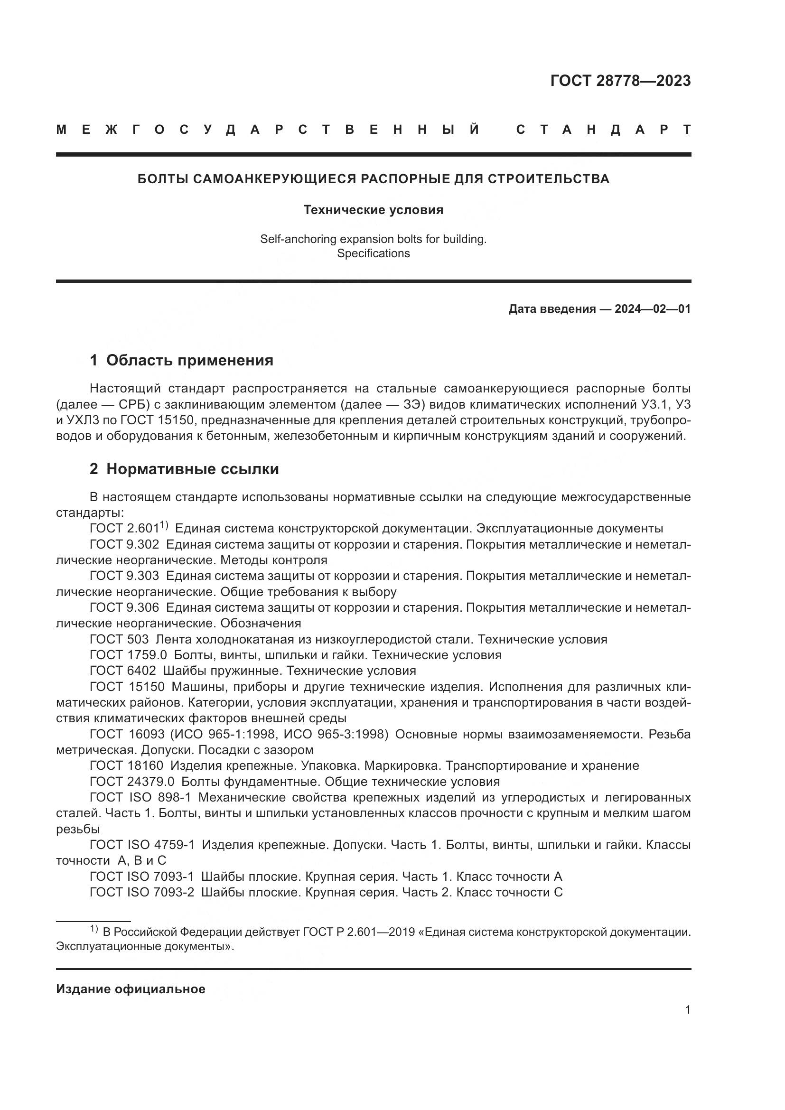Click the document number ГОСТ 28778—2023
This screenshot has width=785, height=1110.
[x=620, y=81]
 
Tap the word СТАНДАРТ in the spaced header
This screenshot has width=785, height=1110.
[x=604, y=130]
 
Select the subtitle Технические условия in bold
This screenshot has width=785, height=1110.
[x=373, y=210]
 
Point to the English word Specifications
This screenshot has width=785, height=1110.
[x=373, y=253]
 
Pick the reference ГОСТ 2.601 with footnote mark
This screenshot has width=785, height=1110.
[x=129, y=528]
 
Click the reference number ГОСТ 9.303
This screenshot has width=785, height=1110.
[x=124, y=576]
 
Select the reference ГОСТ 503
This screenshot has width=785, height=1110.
[x=119, y=639]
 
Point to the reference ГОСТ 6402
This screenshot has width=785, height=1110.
[x=123, y=671]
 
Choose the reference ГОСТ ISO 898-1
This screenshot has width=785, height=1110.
[x=140, y=797]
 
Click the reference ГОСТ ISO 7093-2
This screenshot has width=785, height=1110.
[x=141, y=892]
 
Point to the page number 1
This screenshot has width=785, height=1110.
[x=688, y=1009]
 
